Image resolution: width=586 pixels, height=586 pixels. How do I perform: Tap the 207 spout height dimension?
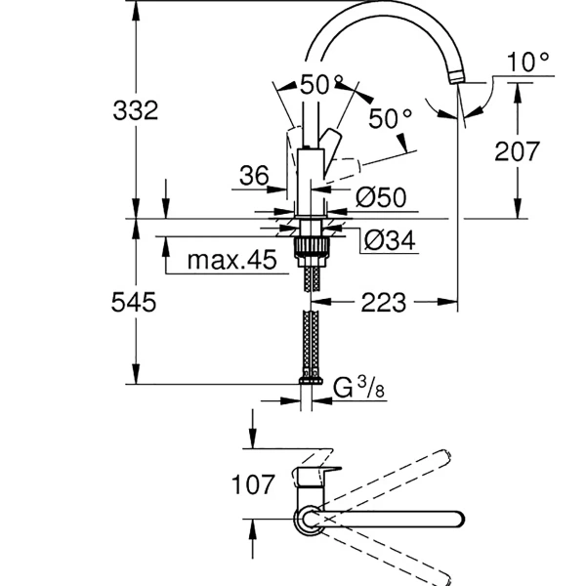coord(518,150)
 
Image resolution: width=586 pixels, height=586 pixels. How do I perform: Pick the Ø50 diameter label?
coord(380,197)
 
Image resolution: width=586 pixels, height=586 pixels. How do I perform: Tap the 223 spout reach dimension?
coord(384,303)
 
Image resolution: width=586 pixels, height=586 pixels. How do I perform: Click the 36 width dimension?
coord(253,176)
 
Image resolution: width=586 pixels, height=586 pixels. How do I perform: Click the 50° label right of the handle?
coord(391,119)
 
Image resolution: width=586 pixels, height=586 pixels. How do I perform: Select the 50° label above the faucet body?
coord(322,85)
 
